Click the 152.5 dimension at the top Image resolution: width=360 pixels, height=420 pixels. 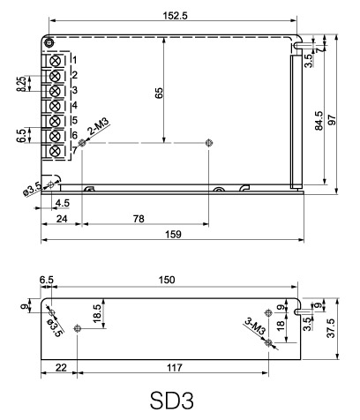(x=175, y=16)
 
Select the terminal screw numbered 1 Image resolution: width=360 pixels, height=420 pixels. (x=55, y=61)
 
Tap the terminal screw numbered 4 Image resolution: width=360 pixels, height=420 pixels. (x=55, y=106)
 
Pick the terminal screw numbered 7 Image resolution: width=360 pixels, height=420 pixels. (x=55, y=151)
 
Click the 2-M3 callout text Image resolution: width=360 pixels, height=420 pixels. (x=99, y=127)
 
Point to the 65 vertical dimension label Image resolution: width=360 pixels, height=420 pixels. (x=159, y=93)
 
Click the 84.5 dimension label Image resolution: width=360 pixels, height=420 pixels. (x=319, y=120)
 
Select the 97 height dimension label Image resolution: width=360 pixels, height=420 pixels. (x=332, y=120)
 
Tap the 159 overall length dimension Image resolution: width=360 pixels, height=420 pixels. (x=173, y=235)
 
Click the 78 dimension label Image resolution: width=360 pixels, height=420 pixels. (x=139, y=219)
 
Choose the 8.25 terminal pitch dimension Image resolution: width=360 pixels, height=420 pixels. (x=21, y=84)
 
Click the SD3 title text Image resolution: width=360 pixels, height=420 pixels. (x=172, y=401)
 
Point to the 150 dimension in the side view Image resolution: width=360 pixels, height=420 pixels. (x=167, y=280)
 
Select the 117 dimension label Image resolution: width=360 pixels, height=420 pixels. (x=175, y=368)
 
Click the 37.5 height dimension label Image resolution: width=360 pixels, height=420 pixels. (x=332, y=328)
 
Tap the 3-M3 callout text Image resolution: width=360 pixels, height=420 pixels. (x=255, y=326)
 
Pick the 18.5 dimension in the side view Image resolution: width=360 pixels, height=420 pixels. (x=97, y=314)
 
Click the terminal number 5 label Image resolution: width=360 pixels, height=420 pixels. (x=75, y=120)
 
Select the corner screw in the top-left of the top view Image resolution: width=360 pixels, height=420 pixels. (x=49, y=42)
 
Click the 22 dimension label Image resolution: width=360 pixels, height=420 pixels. (x=61, y=368)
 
